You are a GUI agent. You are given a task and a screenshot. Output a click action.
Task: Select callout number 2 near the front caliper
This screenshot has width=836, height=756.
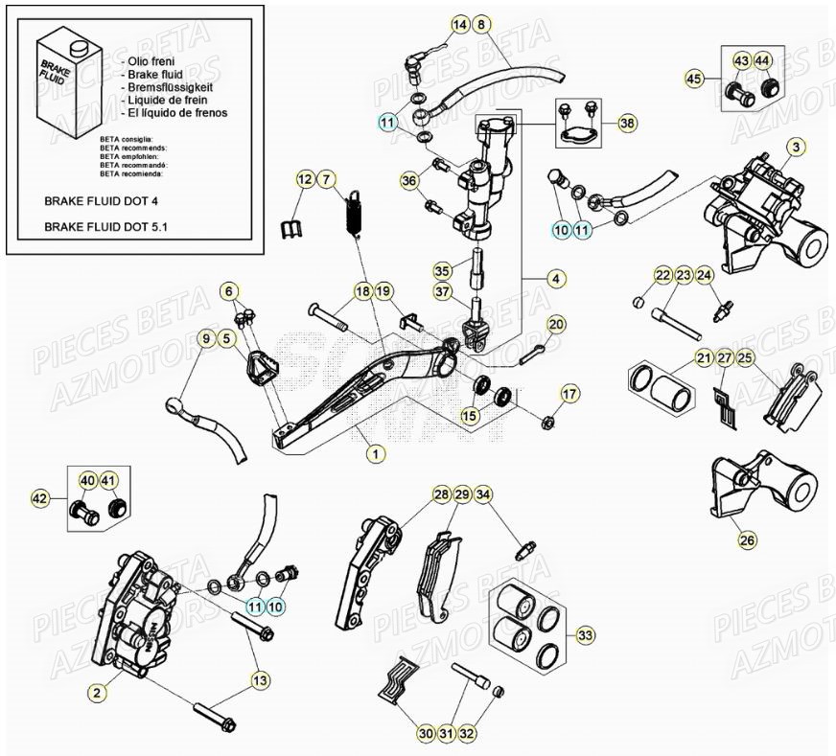click(96, 691)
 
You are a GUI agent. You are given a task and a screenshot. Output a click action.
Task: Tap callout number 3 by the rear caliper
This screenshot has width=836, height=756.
click(796, 147)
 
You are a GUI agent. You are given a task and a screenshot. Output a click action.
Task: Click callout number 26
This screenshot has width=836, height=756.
click(747, 540)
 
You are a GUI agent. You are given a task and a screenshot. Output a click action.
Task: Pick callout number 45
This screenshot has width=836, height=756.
click(694, 79)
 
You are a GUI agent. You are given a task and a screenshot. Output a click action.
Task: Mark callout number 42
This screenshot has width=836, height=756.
click(40, 498)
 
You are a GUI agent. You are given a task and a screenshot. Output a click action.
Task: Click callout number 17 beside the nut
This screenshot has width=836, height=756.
click(569, 393)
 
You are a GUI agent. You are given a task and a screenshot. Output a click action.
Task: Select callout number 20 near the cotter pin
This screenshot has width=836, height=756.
click(557, 324)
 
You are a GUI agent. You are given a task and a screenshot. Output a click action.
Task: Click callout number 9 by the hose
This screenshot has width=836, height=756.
click(204, 337)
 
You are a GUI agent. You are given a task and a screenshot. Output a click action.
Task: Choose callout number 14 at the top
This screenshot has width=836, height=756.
click(460, 24)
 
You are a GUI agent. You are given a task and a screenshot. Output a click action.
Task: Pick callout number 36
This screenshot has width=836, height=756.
click(409, 180)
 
